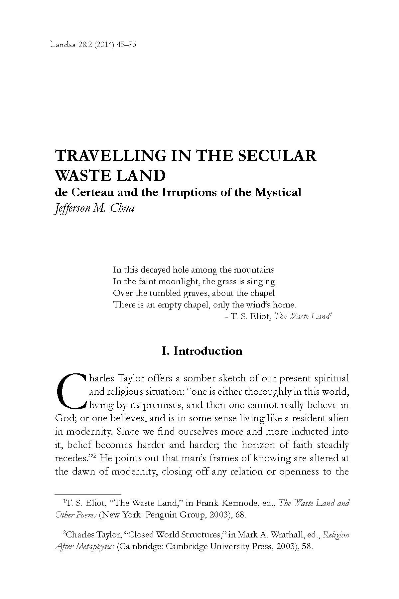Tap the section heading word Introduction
tap(208, 351)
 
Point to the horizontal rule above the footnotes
tap(87, 494)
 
